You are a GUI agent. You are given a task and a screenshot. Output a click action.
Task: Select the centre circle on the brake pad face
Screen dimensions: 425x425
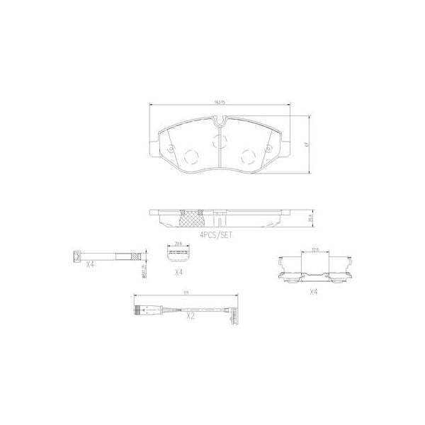click(x=219, y=140)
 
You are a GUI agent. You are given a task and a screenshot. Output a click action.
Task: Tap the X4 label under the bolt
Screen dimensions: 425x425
click(x=91, y=265)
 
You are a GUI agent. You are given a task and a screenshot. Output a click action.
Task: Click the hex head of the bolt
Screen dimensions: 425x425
click(x=76, y=256)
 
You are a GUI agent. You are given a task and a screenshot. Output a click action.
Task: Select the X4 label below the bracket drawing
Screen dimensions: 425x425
click(x=313, y=291)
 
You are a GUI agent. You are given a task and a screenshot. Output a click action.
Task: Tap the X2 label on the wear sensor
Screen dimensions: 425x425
click(x=190, y=317)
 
